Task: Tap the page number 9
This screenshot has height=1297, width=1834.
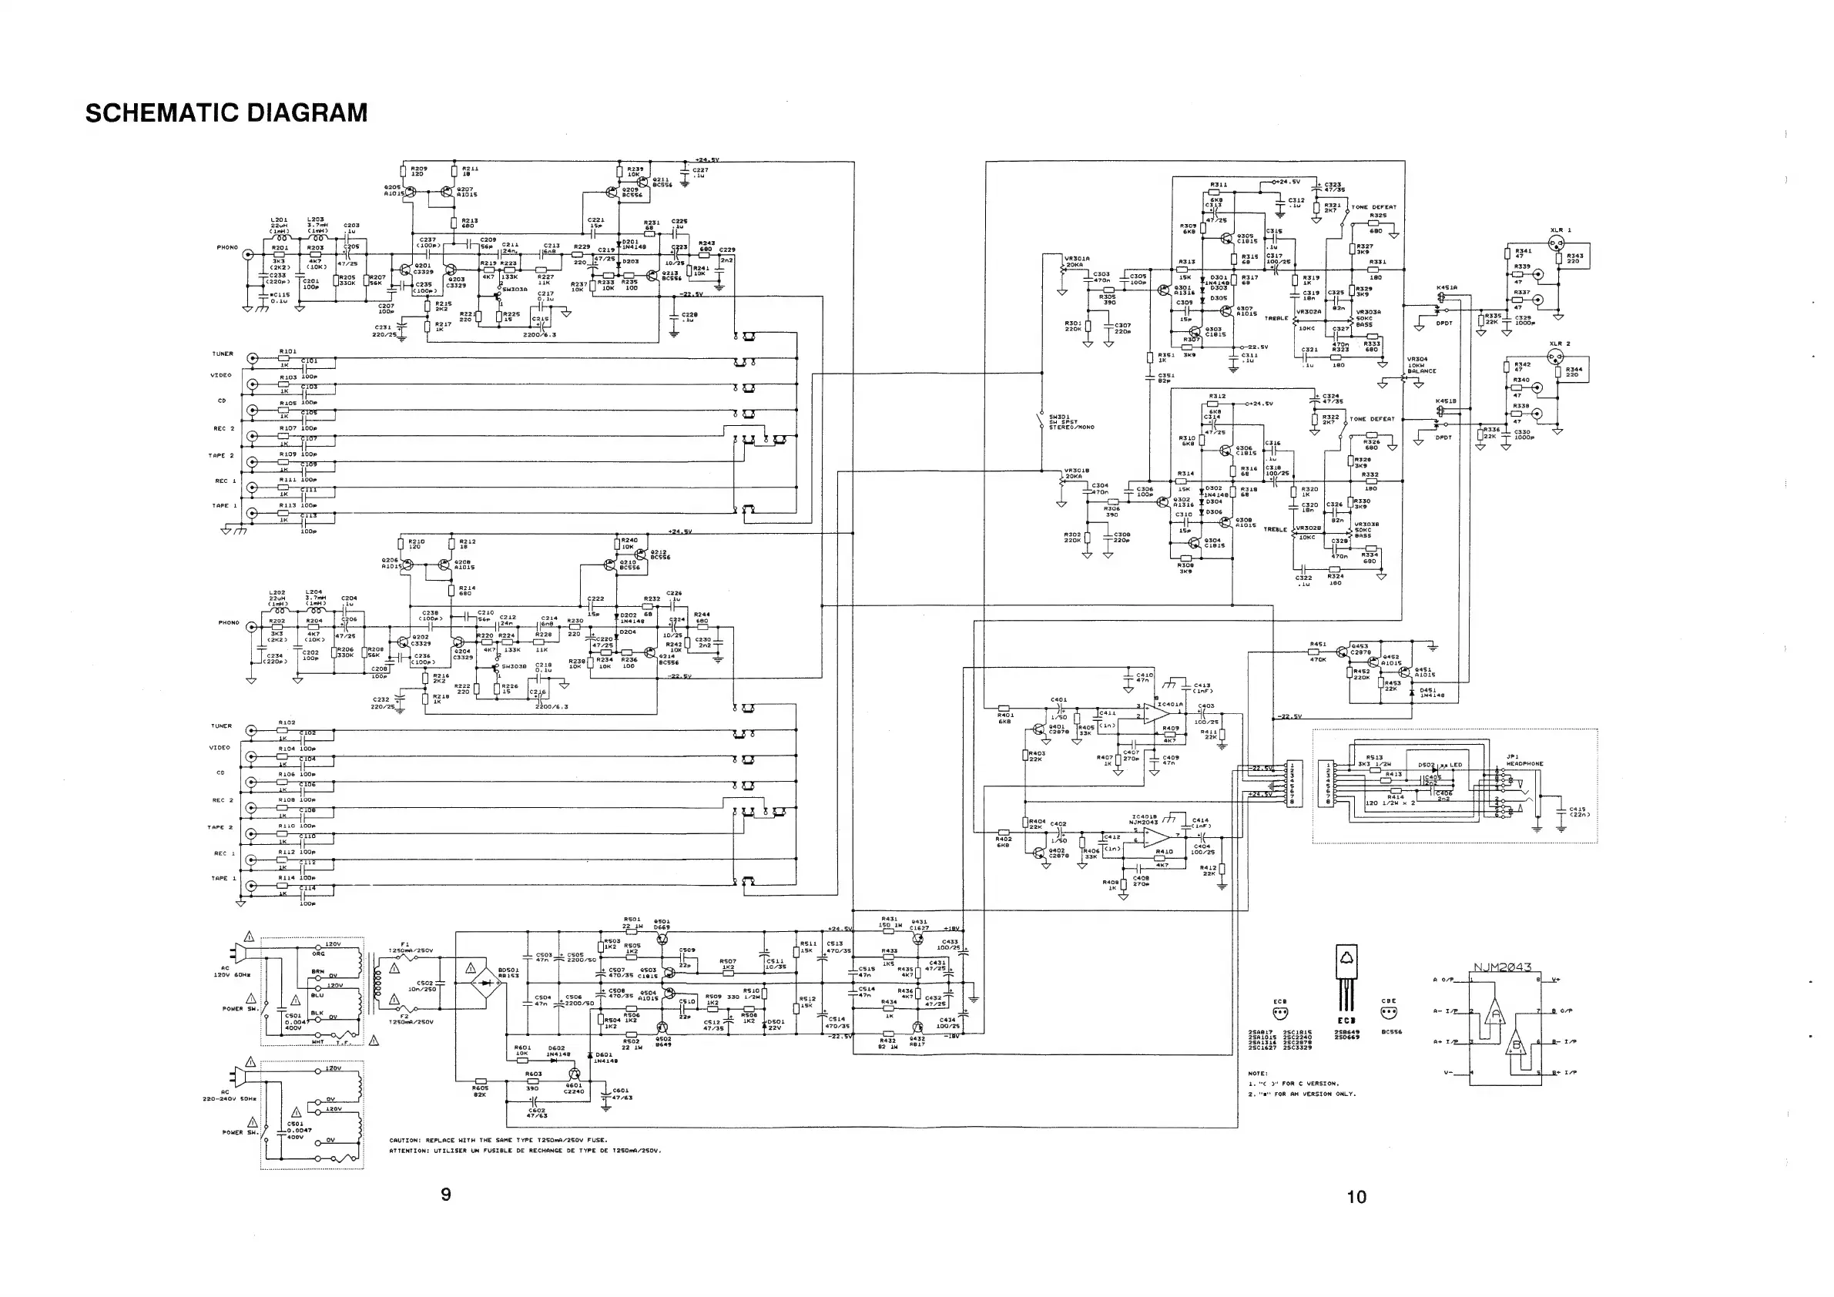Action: (x=446, y=1194)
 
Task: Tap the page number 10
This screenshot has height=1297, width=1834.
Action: (x=1356, y=1196)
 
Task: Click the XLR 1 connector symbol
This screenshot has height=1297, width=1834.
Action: (x=1555, y=246)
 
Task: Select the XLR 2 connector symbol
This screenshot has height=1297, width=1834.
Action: (x=1555, y=360)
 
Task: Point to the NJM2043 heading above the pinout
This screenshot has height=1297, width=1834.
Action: (x=1502, y=967)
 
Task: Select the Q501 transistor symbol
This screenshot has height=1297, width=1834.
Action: (x=662, y=937)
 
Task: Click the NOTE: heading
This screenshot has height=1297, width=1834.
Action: (x=1258, y=1074)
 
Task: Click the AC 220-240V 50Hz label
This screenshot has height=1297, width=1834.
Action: (x=230, y=1095)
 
